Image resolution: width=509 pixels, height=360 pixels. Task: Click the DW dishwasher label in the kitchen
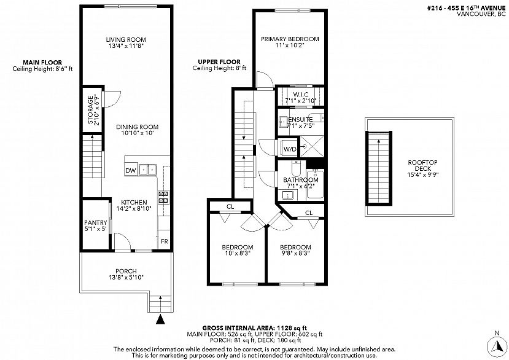tap(131, 171)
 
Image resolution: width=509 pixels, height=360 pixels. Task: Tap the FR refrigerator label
tap(165, 241)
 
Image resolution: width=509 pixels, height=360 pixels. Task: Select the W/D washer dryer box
tap(290, 149)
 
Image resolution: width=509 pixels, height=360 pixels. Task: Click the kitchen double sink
tap(147, 170)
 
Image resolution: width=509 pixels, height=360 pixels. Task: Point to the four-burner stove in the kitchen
tap(163, 197)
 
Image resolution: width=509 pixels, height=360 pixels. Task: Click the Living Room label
tap(126, 40)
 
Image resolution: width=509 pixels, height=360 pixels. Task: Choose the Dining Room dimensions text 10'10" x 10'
tap(138, 133)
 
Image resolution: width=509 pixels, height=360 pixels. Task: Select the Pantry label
tap(95, 222)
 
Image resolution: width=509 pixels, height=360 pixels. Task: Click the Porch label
tap(126, 271)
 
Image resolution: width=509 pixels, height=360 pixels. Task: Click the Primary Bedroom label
tap(290, 39)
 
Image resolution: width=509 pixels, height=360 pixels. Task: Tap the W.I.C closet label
tap(301, 95)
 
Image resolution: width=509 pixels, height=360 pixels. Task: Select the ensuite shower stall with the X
tap(312, 147)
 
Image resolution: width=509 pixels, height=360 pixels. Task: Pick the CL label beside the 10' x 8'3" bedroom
tap(230, 206)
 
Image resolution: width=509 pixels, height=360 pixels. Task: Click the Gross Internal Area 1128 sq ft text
tap(254, 328)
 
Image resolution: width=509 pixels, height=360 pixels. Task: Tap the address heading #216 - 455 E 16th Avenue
tap(466, 9)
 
